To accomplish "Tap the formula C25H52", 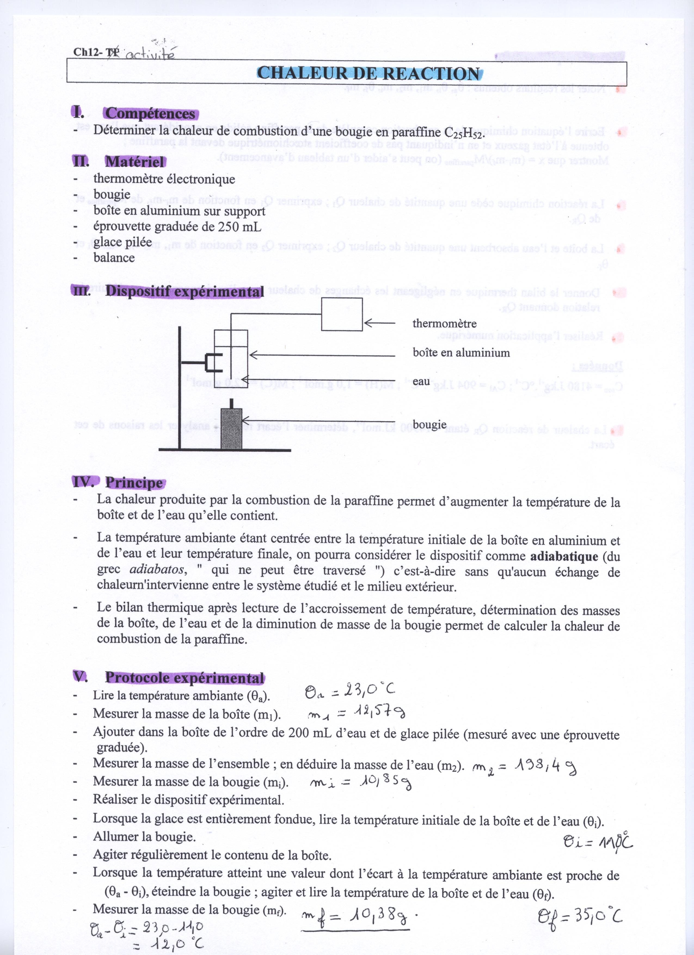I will click(x=464, y=133).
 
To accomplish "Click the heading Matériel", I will click(x=135, y=162).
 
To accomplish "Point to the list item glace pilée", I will click(x=122, y=242).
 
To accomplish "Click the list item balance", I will click(x=114, y=258).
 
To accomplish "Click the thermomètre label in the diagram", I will click(x=444, y=324).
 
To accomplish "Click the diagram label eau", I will click(x=421, y=381).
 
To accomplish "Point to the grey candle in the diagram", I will click(x=231, y=428).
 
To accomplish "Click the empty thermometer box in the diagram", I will click(x=342, y=315).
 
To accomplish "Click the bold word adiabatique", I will click(x=564, y=557).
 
